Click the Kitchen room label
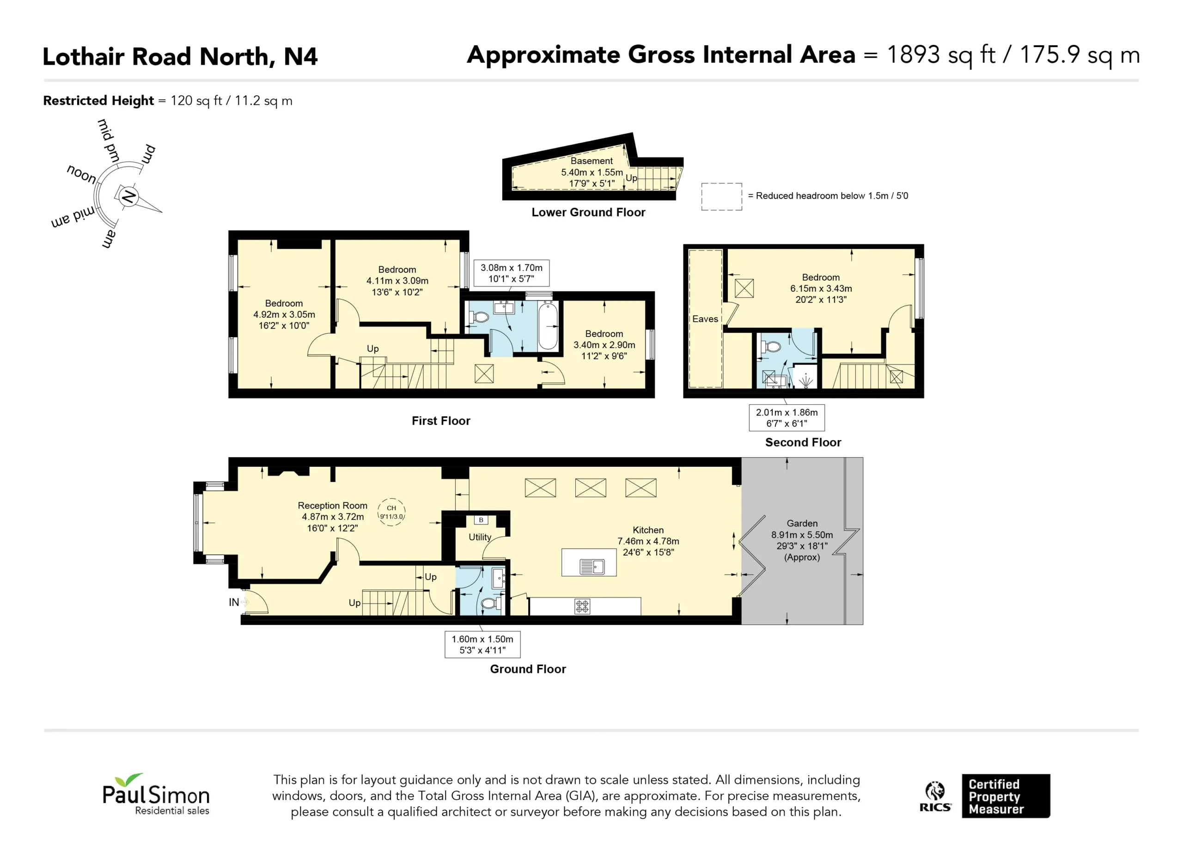[x=648, y=530]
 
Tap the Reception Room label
[x=332, y=506]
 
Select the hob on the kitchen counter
[x=582, y=606]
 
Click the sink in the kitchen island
[x=592, y=566]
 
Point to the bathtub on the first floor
[x=548, y=324]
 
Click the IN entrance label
[x=234, y=602]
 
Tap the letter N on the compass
[x=128, y=197]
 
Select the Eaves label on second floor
[x=705, y=319]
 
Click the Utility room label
[x=480, y=537]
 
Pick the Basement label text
[x=591, y=161]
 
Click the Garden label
[x=802, y=523]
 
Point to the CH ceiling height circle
[x=391, y=512]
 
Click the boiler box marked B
[x=481, y=520]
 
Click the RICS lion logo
[x=935, y=796]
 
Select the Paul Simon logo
[x=156, y=794]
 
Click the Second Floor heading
[x=803, y=442]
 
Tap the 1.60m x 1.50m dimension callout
[x=482, y=644]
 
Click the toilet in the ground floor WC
[x=490, y=604]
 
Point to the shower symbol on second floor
[x=806, y=381]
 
